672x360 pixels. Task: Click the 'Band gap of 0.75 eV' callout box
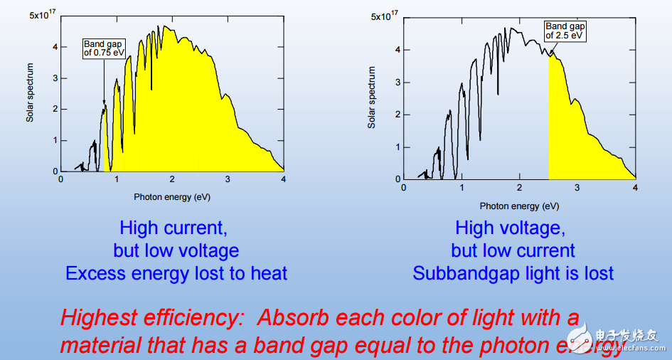point(103,48)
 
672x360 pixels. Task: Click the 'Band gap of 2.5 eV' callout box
point(565,31)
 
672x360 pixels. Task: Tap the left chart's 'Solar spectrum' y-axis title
point(30,92)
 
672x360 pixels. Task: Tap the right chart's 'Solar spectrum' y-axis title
point(371,97)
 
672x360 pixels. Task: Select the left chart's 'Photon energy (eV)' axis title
point(172,196)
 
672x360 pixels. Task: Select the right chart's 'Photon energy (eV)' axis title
point(518,206)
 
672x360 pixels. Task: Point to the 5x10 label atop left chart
point(43,14)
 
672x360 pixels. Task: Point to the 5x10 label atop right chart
point(385,15)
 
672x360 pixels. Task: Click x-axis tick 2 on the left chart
point(172,180)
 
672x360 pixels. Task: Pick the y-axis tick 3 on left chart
point(54,78)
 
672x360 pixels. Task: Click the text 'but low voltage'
point(176,250)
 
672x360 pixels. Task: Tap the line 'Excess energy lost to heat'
point(176,273)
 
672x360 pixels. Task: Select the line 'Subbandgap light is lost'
point(513,273)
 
